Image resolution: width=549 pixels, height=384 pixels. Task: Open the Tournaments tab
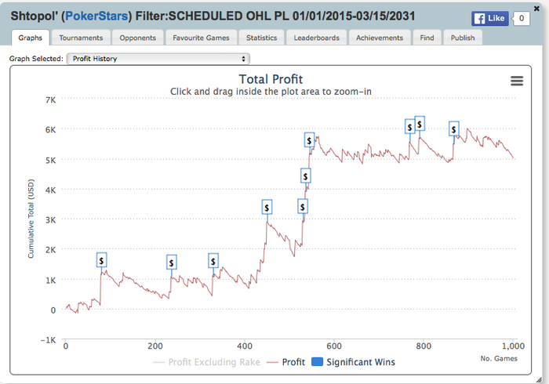(x=82, y=38)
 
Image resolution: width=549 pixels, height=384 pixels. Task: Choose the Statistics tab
(x=261, y=38)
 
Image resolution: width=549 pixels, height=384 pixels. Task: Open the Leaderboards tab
(x=316, y=38)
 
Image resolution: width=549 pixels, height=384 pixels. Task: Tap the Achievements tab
(x=380, y=38)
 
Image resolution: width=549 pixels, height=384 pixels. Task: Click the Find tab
(x=427, y=38)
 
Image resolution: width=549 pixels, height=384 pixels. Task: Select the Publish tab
(x=463, y=38)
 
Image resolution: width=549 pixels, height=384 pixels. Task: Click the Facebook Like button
(x=489, y=18)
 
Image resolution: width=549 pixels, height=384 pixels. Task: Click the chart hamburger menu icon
(x=516, y=81)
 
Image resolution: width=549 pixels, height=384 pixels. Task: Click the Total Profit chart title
(x=270, y=79)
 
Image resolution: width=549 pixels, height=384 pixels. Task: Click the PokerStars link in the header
(x=111, y=14)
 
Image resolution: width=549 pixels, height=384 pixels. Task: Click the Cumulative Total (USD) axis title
(x=31, y=219)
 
